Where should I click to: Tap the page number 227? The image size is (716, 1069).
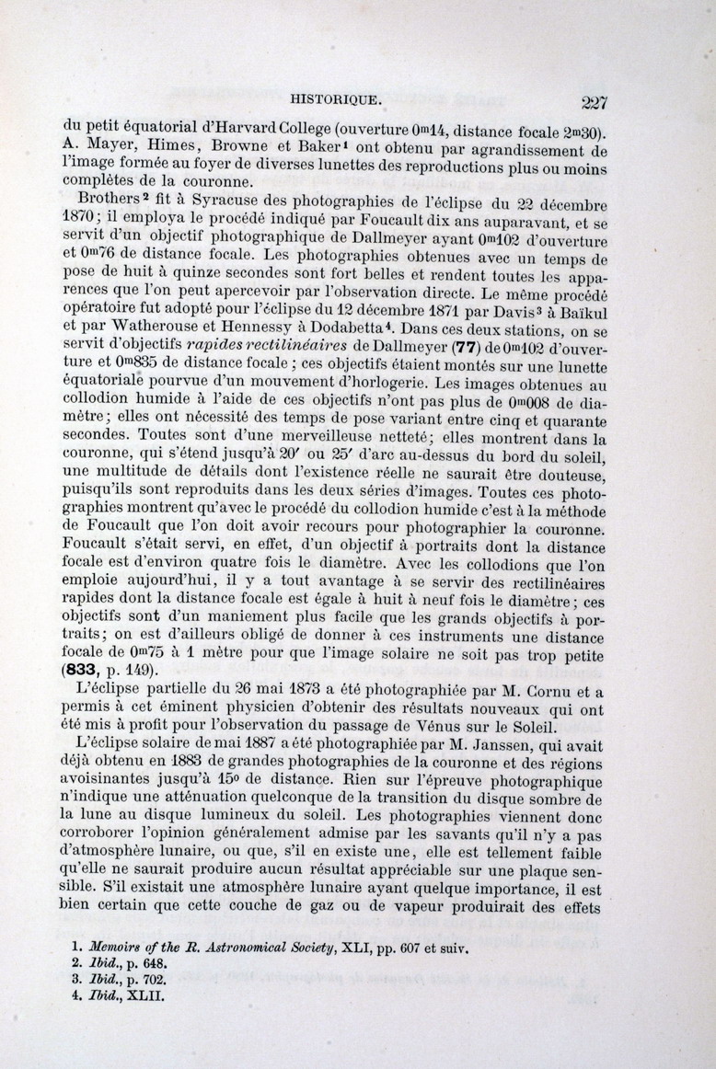coord(587,101)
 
